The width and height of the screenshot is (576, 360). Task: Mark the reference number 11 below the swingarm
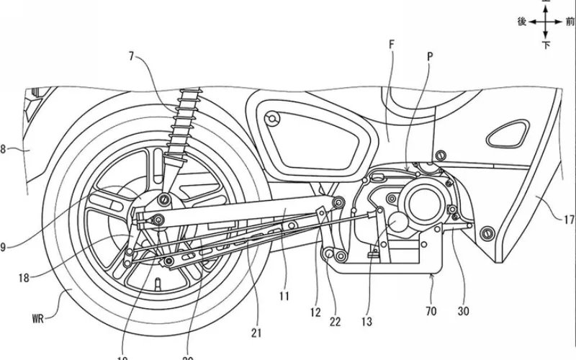click(x=284, y=294)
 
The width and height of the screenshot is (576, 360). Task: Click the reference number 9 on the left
click(x=3, y=247)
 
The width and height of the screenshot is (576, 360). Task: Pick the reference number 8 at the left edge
click(x=3, y=149)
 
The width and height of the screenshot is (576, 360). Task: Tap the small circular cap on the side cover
click(x=271, y=118)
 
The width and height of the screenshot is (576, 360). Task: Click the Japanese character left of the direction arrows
click(x=523, y=22)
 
